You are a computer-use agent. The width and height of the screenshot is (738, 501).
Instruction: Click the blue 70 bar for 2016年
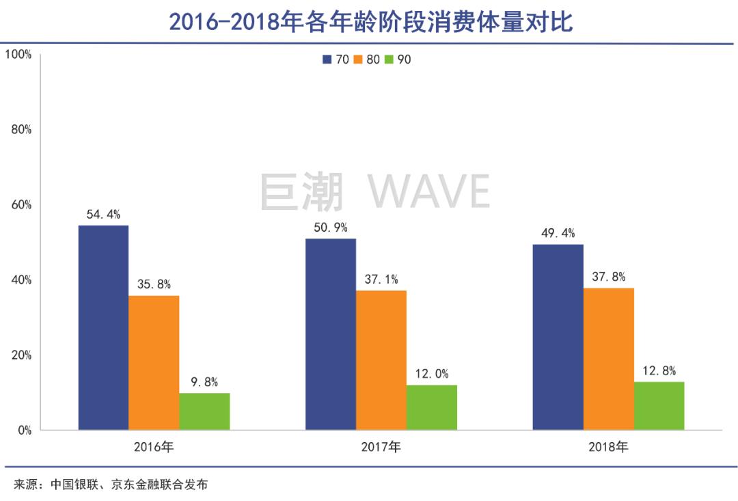tap(103, 327)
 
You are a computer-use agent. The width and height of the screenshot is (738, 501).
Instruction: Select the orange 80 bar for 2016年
tap(154, 362)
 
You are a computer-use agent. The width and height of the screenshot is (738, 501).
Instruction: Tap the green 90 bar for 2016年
tap(204, 411)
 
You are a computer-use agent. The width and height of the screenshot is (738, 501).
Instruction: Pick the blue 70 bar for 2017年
tap(331, 334)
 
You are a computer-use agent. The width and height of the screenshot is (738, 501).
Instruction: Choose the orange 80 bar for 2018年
tap(609, 359)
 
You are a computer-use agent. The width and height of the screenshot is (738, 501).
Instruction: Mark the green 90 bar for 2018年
tap(659, 406)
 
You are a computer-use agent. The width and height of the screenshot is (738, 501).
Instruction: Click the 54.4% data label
tap(103, 215)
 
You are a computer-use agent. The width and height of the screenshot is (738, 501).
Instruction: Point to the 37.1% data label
tap(381, 280)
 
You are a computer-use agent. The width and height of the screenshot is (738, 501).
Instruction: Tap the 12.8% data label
tap(659, 371)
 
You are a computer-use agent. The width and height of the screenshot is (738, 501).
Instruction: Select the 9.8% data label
tap(204, 383)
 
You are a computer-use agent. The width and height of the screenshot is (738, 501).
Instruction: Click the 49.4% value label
tap(558, 234)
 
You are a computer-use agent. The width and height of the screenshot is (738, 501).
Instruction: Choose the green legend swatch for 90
tap(390, 59)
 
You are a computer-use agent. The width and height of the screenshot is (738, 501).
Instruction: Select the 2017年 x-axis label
tap(381, 448)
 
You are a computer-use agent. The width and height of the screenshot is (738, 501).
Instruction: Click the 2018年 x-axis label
tap(608, 448)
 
